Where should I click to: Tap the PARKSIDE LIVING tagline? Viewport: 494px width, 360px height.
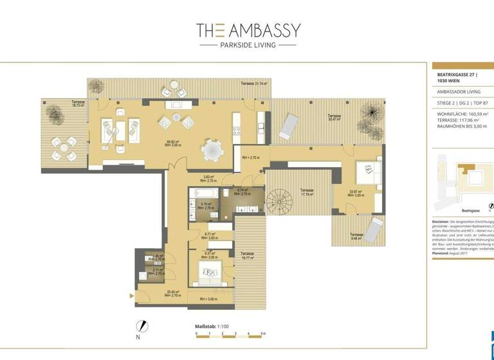248,45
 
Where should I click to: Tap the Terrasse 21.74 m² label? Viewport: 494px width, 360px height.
254,84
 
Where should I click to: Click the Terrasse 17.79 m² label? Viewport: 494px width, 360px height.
306,193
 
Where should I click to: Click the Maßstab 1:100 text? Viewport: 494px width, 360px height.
212,327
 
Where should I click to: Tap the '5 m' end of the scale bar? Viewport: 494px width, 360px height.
262,334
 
